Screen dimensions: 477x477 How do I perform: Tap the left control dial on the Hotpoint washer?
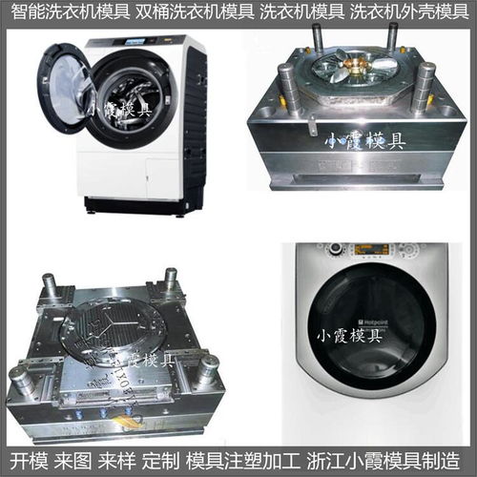(334, 250)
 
